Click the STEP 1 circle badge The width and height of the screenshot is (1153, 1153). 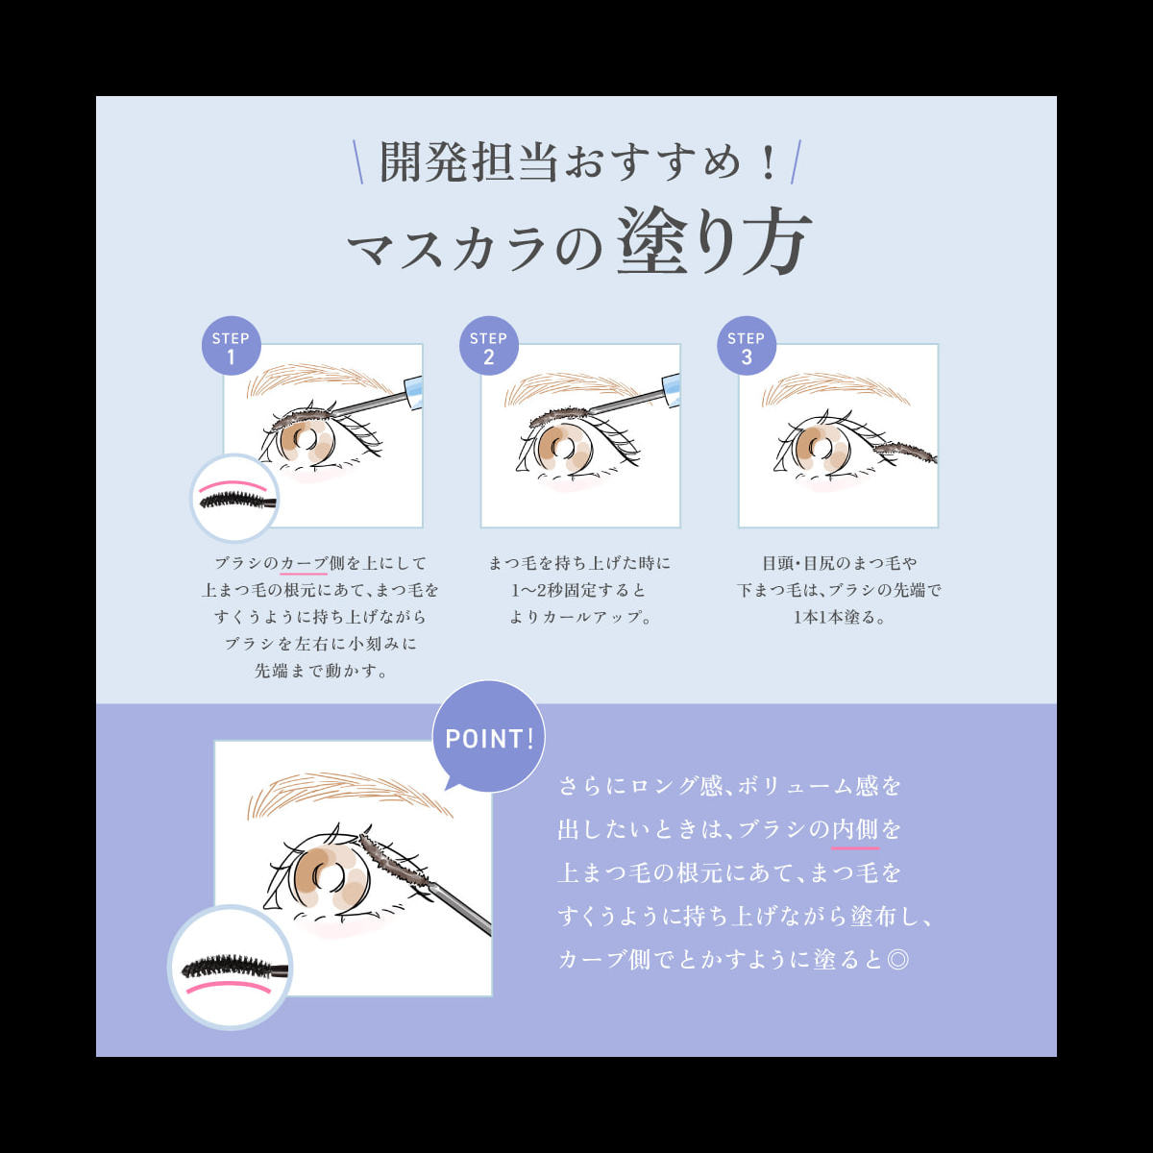231,345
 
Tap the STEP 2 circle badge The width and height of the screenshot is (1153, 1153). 489,345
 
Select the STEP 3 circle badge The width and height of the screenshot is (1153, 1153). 747,345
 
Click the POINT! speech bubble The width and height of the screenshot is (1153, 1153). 489,737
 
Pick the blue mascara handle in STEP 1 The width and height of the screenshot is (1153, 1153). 414,393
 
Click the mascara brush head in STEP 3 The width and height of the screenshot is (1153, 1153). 905,451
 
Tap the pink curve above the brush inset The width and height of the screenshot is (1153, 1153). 233,483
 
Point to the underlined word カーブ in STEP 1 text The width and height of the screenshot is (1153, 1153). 304,564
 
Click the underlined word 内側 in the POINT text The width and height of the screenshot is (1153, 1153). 856,829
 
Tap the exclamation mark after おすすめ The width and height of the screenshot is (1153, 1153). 767,162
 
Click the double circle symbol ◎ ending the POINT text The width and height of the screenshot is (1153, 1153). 897,960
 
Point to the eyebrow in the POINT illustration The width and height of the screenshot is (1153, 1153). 350,794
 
